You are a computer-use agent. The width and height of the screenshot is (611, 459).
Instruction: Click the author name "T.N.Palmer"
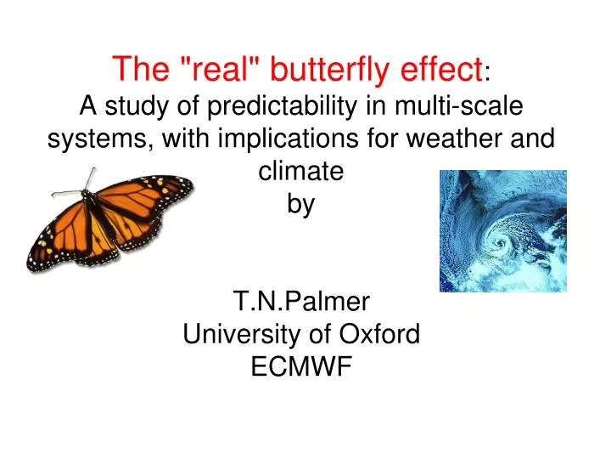pyautogui.click(x=300, y=303)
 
